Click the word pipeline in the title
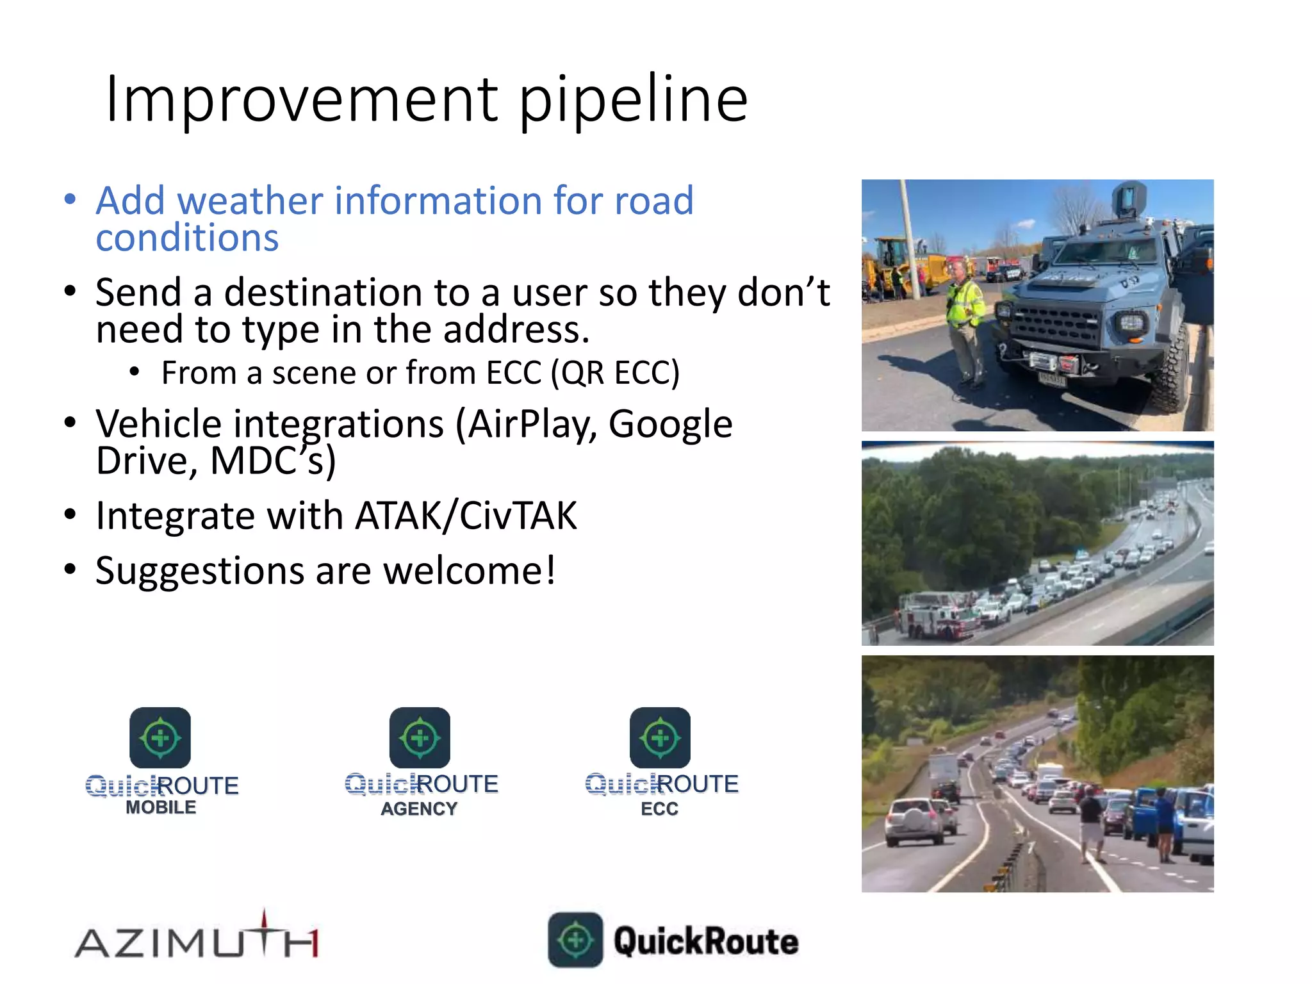click(633, 99)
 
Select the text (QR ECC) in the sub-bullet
click(615, 373)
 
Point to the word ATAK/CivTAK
click(466, 516)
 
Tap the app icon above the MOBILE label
click(160, 737)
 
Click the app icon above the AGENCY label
click(420, 737)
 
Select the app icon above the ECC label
click(660, 737)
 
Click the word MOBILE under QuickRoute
click(161, 807)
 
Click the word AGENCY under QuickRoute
click(419, 808)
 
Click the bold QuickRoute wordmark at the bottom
click(706, 941)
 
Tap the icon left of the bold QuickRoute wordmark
click(575, 940)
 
